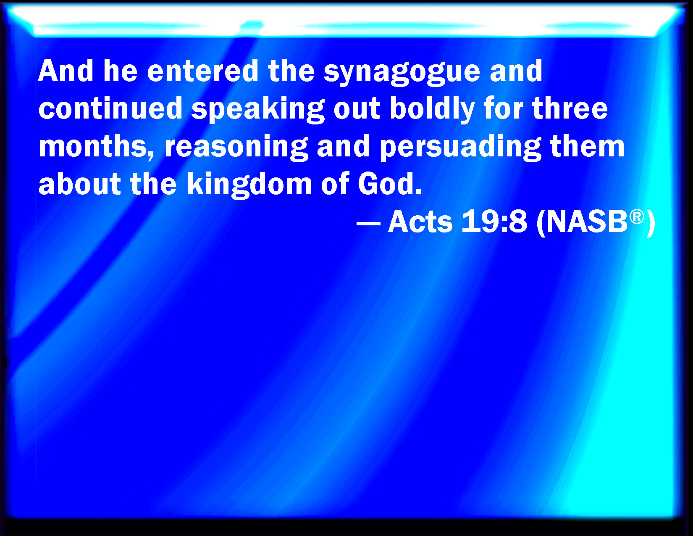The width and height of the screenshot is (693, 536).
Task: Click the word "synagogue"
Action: point(402,72)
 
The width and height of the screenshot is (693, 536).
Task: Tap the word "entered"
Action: point(202,71)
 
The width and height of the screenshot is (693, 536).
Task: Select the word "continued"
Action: point(110,108)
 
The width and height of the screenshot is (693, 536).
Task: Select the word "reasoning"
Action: point(236,148)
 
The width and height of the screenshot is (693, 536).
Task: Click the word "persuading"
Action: point(460,148)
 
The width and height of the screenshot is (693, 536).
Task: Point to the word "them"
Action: point(587,146)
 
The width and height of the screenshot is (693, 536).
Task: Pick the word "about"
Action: point(80,184)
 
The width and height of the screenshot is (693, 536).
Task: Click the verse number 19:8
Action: point(494,222)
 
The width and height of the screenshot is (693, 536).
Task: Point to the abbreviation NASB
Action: point(587,222)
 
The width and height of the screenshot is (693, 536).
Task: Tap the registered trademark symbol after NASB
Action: point(637,217)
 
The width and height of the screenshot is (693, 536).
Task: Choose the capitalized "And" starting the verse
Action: point(66,71)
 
